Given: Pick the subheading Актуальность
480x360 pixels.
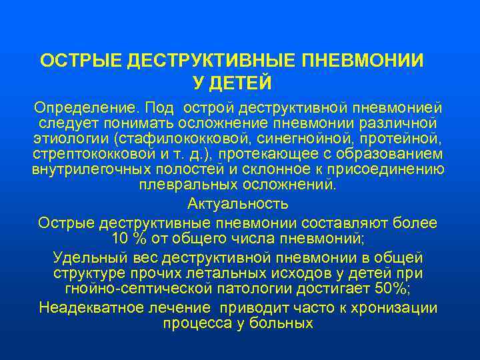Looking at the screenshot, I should (x=238, y=203).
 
